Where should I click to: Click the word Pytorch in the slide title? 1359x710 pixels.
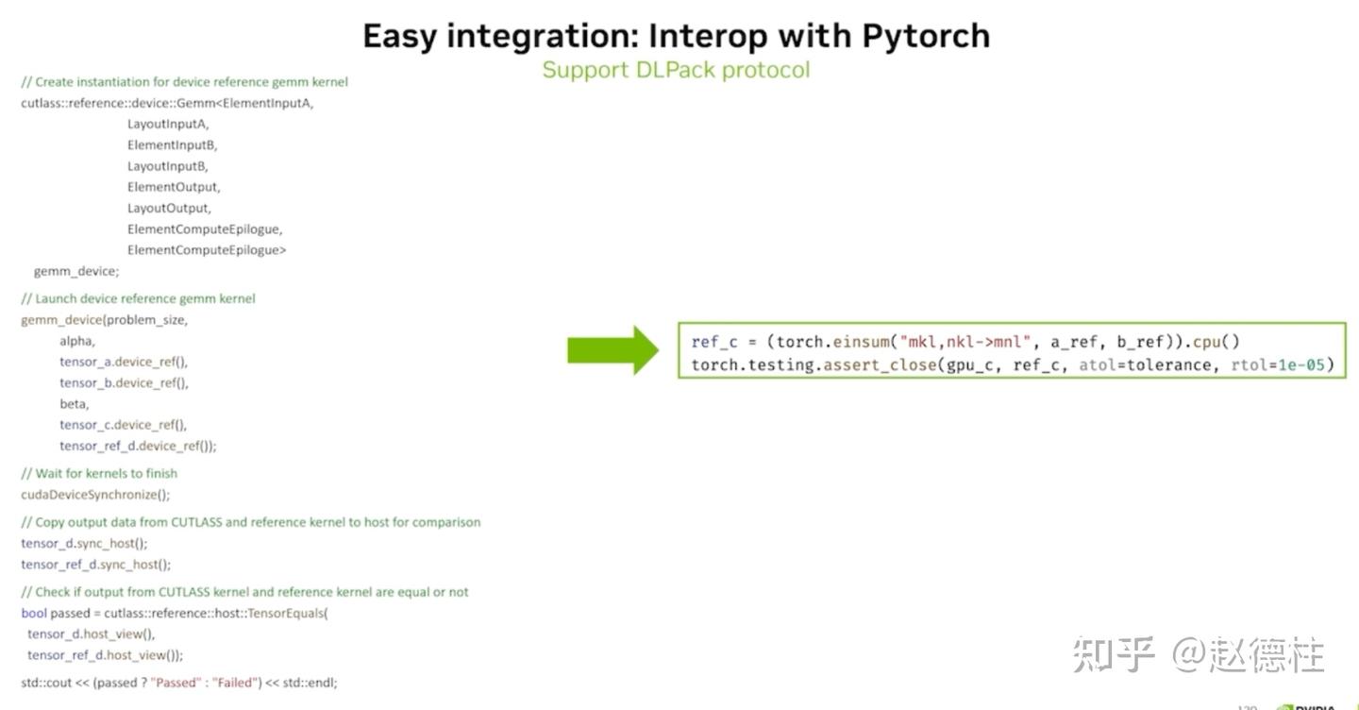[926, 36]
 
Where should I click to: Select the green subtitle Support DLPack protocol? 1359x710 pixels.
[676, 70]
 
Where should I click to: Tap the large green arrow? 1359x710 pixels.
[612, 350]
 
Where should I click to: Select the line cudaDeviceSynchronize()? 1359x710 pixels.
[95, 495]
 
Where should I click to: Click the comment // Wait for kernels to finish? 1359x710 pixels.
[99, 473]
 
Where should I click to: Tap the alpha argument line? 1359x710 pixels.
[77, 341]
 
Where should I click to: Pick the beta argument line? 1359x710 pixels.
[75, 404]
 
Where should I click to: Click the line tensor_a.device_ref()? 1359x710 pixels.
[124, 362]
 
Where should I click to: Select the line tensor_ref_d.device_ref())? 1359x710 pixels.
[138, 446]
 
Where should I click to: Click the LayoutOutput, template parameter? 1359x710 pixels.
[170, 208]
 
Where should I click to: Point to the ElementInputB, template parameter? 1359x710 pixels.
[173, 144]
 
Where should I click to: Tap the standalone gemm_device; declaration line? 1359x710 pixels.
[76, 271]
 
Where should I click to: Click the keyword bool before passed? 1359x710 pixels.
[34, 613]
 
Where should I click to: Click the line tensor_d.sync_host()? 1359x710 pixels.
[84, 543]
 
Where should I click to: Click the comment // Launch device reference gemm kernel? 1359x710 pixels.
[138, 298]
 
